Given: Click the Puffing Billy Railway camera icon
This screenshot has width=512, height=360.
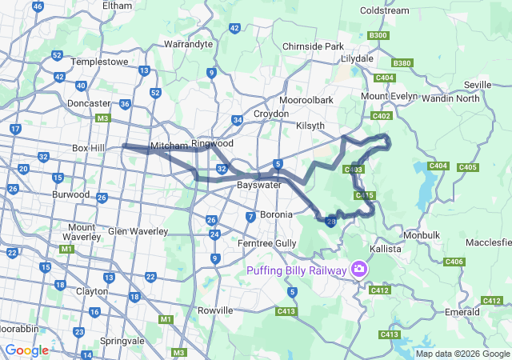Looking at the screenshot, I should [x=359, y=270].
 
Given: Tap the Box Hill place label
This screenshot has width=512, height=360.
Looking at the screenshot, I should [x=89, y=148].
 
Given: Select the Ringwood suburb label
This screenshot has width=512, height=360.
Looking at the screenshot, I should [x=212, y=143].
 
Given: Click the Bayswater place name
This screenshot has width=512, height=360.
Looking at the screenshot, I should [x=258, y=185].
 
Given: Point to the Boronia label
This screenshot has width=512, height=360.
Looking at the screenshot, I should [x=274, y=214].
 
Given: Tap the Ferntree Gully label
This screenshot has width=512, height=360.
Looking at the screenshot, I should [x=267, y=242].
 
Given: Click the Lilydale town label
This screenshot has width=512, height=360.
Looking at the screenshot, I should [x=358, y=59].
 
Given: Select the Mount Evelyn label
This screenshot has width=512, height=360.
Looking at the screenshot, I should [x=390, y=96].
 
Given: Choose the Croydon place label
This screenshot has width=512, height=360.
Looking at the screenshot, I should [x=271, y=114].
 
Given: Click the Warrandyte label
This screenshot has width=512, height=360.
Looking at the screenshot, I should [x=188, y=44].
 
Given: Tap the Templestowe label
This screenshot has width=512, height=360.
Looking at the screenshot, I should [x=99, y=61].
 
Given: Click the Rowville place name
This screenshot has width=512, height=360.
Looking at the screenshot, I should [x=214, y=310].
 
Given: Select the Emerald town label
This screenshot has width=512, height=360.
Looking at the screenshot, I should [x=463, y=311].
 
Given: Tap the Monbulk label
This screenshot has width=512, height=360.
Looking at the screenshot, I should [x=422, y=235].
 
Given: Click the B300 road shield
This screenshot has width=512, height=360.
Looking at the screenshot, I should [x=378, y=35].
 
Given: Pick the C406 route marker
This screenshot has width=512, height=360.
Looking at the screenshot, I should [x=454, y=262].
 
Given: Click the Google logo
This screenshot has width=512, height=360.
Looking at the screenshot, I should [x=26, y=350].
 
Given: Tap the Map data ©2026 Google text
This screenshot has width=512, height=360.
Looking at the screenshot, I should [x=462, y=354].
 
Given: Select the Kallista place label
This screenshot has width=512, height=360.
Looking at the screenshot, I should [x=384, y=250].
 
